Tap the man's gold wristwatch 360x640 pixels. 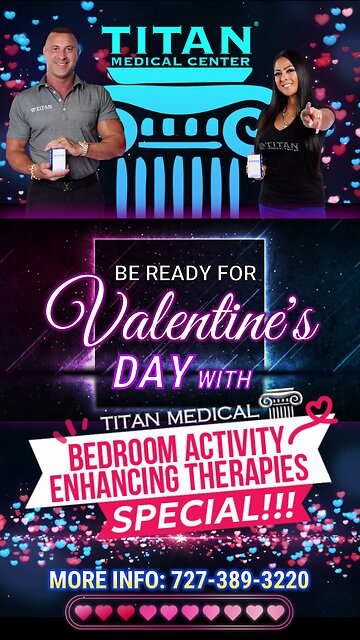coord(83,148)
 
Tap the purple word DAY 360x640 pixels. coord(150,372)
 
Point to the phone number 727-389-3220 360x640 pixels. coord(240,580)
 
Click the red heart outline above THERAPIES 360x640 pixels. coord(319,411)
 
